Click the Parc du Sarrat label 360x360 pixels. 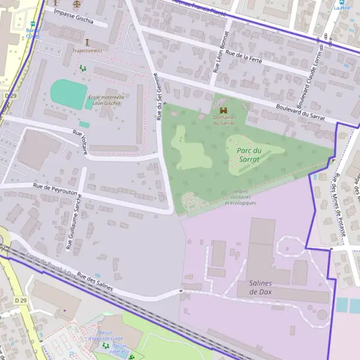[x=248, y=155]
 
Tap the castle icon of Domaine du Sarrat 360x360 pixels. [x=223, y=111]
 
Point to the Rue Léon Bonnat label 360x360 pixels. [x=220, y=53]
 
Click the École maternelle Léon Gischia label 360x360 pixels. [x=106, y=100]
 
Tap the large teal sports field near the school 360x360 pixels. [x=68, y=92]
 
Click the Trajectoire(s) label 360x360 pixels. [x=86, y=50]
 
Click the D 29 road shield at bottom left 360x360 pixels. [x=21, y=300]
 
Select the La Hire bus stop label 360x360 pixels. [x=341, y=8]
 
